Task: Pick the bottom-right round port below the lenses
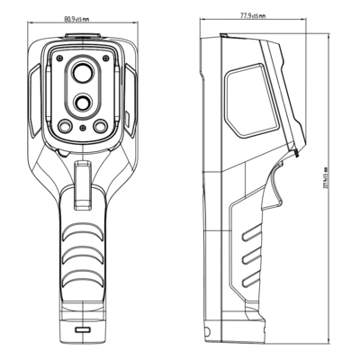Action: pos(101,125)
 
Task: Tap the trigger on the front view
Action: pos(82,184)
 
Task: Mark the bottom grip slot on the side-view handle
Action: pos(255,282)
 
